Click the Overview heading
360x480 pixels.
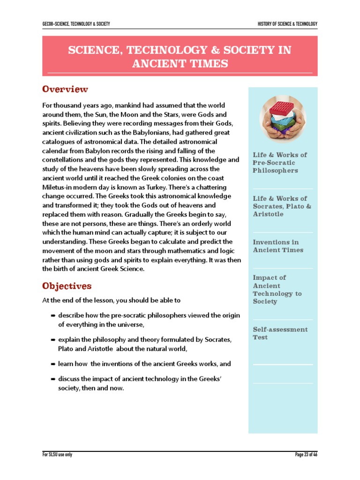[65, 89]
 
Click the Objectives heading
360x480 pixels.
[67, 286]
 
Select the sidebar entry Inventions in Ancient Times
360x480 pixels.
[278, 246]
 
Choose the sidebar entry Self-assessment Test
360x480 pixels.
[280, 333]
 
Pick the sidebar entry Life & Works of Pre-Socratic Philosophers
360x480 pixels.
[280, 163]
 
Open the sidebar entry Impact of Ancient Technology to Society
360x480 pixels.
[277, 289]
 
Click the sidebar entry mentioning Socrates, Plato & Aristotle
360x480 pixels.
[282, 206]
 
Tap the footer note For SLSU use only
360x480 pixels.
[57, 455]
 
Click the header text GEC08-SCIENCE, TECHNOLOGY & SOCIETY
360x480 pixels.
[76, 24]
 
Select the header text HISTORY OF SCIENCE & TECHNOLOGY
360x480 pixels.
[287, 24]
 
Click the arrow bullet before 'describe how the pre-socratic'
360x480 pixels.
[53, 316]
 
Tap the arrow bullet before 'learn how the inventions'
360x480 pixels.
[53, 364]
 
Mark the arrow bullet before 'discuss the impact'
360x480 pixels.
[53, 379]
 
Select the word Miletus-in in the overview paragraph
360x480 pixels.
[58, 187]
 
